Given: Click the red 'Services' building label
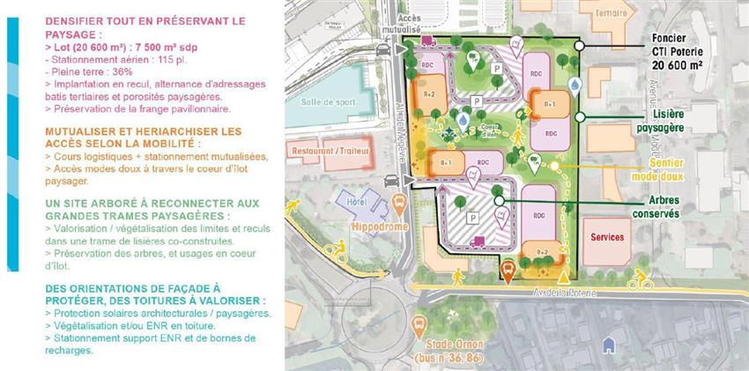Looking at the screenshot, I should click(608, 237).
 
